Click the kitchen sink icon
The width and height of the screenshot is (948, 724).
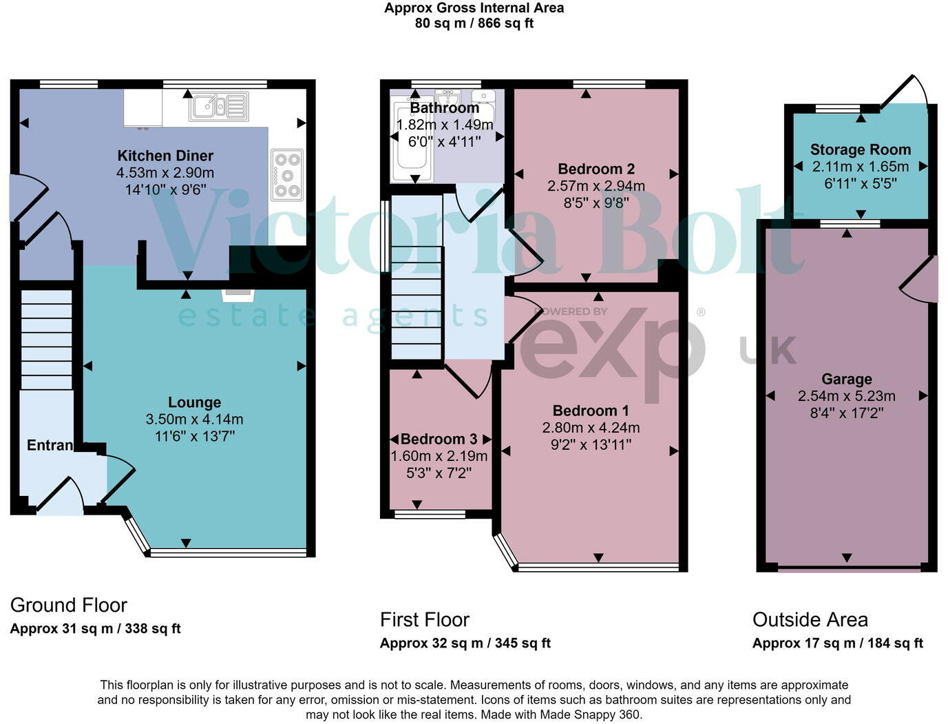coord(219,107)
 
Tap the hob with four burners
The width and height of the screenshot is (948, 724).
coord(287,175)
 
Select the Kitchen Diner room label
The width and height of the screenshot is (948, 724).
coord(165,156)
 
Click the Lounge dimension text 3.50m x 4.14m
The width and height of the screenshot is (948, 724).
coord(194,419)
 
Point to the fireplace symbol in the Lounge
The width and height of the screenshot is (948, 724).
coord(238,295)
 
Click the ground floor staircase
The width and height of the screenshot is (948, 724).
coord(46,340)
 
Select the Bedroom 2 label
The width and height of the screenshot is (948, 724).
coord(596,169)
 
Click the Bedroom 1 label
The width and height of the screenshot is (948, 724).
coord(591,411)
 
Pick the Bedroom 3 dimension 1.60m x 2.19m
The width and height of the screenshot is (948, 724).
coord(439,456)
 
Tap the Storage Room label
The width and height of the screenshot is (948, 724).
coord(860,149)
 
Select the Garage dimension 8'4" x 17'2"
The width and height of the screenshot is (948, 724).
coord(847,413)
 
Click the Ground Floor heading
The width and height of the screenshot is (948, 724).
coord(69,605)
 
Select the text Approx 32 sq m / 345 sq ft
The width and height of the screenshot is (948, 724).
coord(465,643)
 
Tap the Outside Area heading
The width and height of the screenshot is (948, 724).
coord(810,619)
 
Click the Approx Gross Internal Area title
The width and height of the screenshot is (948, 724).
coord(474,8)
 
